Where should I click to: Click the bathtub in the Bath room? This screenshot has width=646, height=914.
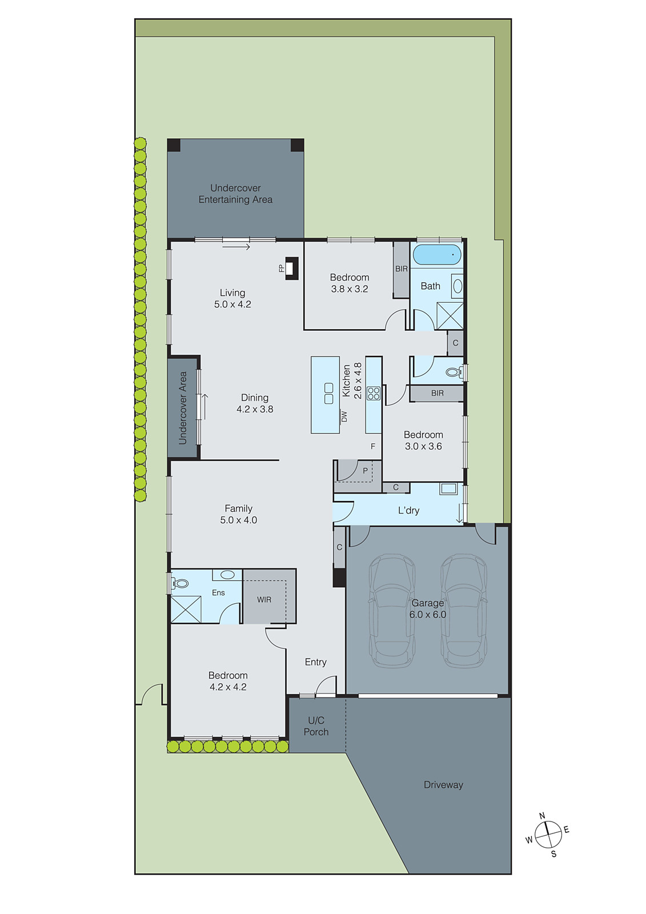(x=436, y=255)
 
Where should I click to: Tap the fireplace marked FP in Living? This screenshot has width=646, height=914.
(x=292, y=268)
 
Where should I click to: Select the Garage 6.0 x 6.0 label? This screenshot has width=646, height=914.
(x=427, y=609)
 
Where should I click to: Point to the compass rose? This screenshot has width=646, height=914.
(x=548, y=835)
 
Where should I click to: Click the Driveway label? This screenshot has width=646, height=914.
(x=443, y=785)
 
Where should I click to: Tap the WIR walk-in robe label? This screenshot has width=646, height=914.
(x=264, y=600)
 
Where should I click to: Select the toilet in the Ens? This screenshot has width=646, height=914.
(x=180, y=584)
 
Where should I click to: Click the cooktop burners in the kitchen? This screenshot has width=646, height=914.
(x=374, y=393)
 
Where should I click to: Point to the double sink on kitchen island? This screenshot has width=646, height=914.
(x=328, y=393)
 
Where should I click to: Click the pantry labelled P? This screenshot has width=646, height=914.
(x=364, y=471)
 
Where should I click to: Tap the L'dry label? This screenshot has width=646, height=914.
(x=408, y=510)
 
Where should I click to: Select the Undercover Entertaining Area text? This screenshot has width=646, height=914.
(x=235, y=194)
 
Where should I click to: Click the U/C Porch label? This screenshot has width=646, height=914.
(x=316, y=726)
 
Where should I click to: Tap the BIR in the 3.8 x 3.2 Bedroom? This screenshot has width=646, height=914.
(x=402, y=269)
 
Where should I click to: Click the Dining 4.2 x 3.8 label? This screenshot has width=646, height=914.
(x=255, y=403)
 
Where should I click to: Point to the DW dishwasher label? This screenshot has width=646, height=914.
(x=344, y=417)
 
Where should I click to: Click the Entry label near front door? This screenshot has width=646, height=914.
(x=315, y=662)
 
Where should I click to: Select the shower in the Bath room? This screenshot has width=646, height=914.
(x=450, y=315)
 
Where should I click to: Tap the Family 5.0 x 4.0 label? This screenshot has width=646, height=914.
(x=238, y=514)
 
